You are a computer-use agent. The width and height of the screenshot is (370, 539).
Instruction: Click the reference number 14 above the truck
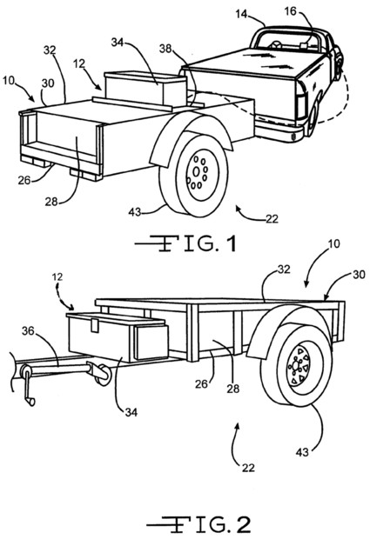tap(242, 15)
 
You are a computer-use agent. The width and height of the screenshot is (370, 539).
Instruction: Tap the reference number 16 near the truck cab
tap(291, 11)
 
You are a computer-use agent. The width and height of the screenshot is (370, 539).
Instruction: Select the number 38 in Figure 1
tap(165, 49)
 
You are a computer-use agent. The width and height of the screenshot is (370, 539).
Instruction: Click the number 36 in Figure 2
tap(29, 331)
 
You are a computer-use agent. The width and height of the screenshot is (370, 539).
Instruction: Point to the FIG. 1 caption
tap(185, 243)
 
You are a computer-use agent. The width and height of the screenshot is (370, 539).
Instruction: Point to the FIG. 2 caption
tap(198, 525)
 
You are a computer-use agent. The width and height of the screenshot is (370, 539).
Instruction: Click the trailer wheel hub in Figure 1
tap(197, 171)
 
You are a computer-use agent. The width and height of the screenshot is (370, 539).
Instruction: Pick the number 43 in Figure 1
tap(135, 212)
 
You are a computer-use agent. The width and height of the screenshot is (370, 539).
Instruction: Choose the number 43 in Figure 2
tap(302, 452)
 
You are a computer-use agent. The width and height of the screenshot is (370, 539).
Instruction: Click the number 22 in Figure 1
tap(272, 219)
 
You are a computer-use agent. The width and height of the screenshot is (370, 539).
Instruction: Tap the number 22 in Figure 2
tap(248, 468)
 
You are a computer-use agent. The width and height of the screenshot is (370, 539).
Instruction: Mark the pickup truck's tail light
tap(301, 103)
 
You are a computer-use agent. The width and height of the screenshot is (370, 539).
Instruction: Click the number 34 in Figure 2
tap(131, 412)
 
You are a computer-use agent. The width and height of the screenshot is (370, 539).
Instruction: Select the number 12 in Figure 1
tap(79, 63)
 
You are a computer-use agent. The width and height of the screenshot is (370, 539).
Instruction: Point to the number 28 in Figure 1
tap(51, 202)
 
